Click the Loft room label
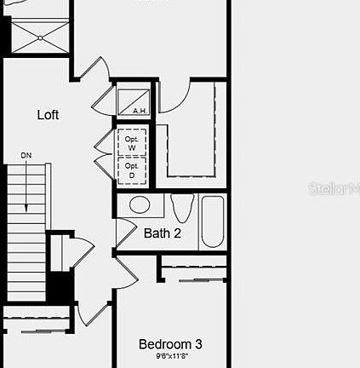(x=49, y=115)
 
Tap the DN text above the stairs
(x=27, y=156)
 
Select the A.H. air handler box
(x=133, y=101)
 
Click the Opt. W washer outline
(x=132, y=141)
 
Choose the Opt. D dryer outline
(x=132, y=170)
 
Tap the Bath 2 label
(x=162, y=233)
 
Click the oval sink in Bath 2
(x=138, y=205)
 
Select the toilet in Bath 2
(x=181, y=208)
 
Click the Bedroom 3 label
(x=170, y=344)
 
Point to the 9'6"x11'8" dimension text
(x=170, y=356)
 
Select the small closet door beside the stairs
(x=78, y=253)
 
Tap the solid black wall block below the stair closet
(x=59, y=285)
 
